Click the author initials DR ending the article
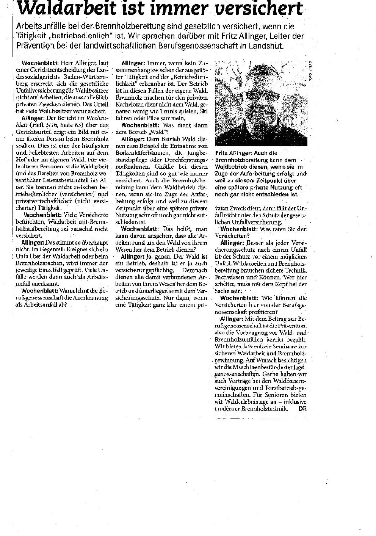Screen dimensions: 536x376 coord(302,409)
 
